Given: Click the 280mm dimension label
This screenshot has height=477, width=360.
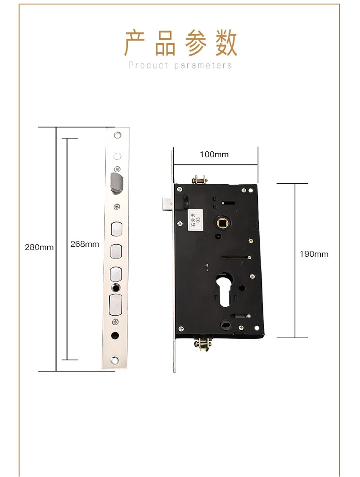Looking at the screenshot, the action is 39,247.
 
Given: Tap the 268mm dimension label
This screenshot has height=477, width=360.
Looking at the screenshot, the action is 85,244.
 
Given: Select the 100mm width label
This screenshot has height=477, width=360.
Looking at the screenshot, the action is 214,154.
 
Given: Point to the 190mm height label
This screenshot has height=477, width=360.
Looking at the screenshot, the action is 314,254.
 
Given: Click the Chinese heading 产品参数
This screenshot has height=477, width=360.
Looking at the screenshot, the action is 180,44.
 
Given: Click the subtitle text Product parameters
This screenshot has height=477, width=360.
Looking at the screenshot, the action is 180,65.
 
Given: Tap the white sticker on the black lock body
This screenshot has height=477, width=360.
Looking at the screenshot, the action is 194,220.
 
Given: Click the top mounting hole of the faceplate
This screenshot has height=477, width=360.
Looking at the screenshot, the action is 118,135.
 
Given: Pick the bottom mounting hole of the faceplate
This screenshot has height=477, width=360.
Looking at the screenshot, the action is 116,360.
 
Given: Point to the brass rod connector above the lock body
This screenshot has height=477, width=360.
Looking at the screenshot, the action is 200,180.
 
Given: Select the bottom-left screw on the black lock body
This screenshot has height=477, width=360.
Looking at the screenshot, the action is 181,328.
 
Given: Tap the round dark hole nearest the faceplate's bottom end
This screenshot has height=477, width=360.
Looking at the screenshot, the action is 116,336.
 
